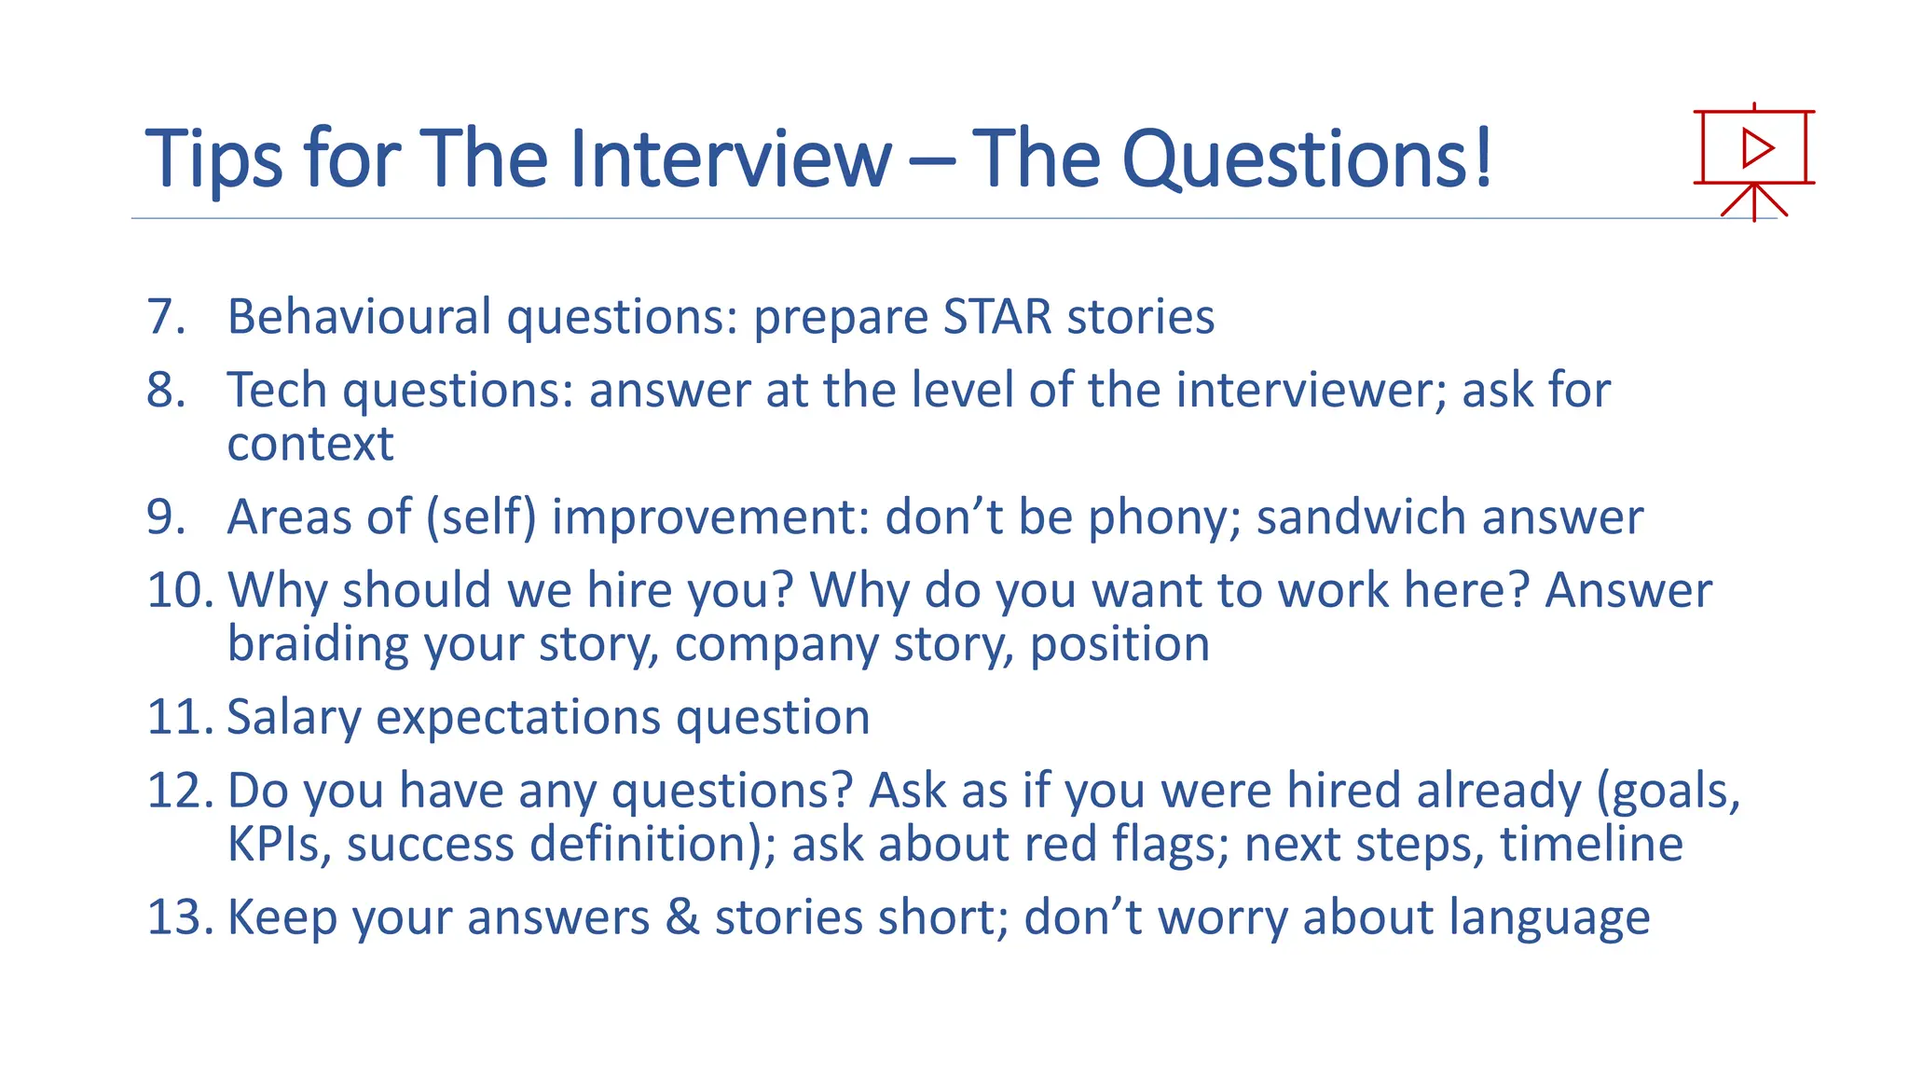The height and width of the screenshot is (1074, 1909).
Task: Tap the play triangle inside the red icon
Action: point(1757,147)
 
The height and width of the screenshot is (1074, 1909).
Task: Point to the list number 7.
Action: point(166,317)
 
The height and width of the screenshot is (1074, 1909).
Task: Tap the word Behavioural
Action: point(359,317)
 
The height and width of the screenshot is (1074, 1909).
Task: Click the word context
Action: point(310,444)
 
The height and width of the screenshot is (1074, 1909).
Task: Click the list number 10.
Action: point(181,590)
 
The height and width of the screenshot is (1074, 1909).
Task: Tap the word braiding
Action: point(317,644)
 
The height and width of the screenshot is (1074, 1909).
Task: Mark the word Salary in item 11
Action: point(294,717)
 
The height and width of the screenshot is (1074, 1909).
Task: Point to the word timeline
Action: point(1591,844)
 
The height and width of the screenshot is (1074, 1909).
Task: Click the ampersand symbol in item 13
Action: point(682,917)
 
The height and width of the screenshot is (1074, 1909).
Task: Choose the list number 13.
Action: point(181,917)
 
